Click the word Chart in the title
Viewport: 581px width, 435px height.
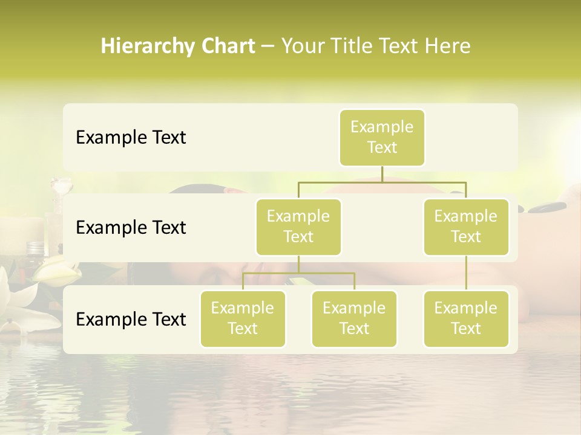(x=228, y=47)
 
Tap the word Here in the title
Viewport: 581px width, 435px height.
(x=447, y=47)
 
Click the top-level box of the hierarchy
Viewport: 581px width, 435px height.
(x=382, y=137)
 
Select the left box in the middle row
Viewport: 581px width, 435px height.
(x=298, y=227)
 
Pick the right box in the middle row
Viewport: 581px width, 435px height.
(x=466, y=227)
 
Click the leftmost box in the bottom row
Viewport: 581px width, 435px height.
(x=243, y=318)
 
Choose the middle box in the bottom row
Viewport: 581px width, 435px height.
(x=354, y=318)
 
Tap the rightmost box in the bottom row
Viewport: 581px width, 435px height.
(x=466, y=318)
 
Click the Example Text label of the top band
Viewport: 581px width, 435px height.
(x=131, y=138)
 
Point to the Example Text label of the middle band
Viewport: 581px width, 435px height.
(x=131, y=228)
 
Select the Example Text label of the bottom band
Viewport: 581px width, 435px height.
(x=131, y=319)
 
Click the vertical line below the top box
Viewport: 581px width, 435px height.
(x=382, y=174)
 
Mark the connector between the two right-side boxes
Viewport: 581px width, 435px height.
(x=466, y=273)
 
